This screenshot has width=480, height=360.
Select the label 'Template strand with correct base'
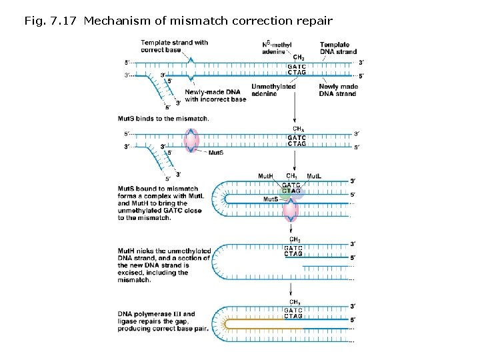pos(174,46)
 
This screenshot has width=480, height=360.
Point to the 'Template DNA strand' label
pos(338,47)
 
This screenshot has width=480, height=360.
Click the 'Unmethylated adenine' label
pos(273,90)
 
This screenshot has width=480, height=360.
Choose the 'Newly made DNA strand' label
pos(338,90)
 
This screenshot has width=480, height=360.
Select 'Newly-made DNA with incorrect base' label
pos(215,95)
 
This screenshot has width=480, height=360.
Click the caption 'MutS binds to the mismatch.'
pos(163,119)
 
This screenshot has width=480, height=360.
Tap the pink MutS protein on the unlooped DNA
pos(191,141)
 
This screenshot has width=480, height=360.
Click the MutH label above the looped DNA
pos(265,176)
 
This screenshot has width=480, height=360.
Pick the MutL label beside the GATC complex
pos(314,176)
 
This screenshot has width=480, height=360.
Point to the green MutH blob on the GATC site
pos(278,193)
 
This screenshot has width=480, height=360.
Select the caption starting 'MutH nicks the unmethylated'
pos(164,265)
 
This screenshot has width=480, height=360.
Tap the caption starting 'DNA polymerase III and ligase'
pos(163,321)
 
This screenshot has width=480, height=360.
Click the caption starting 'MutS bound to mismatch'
pos(160,203)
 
